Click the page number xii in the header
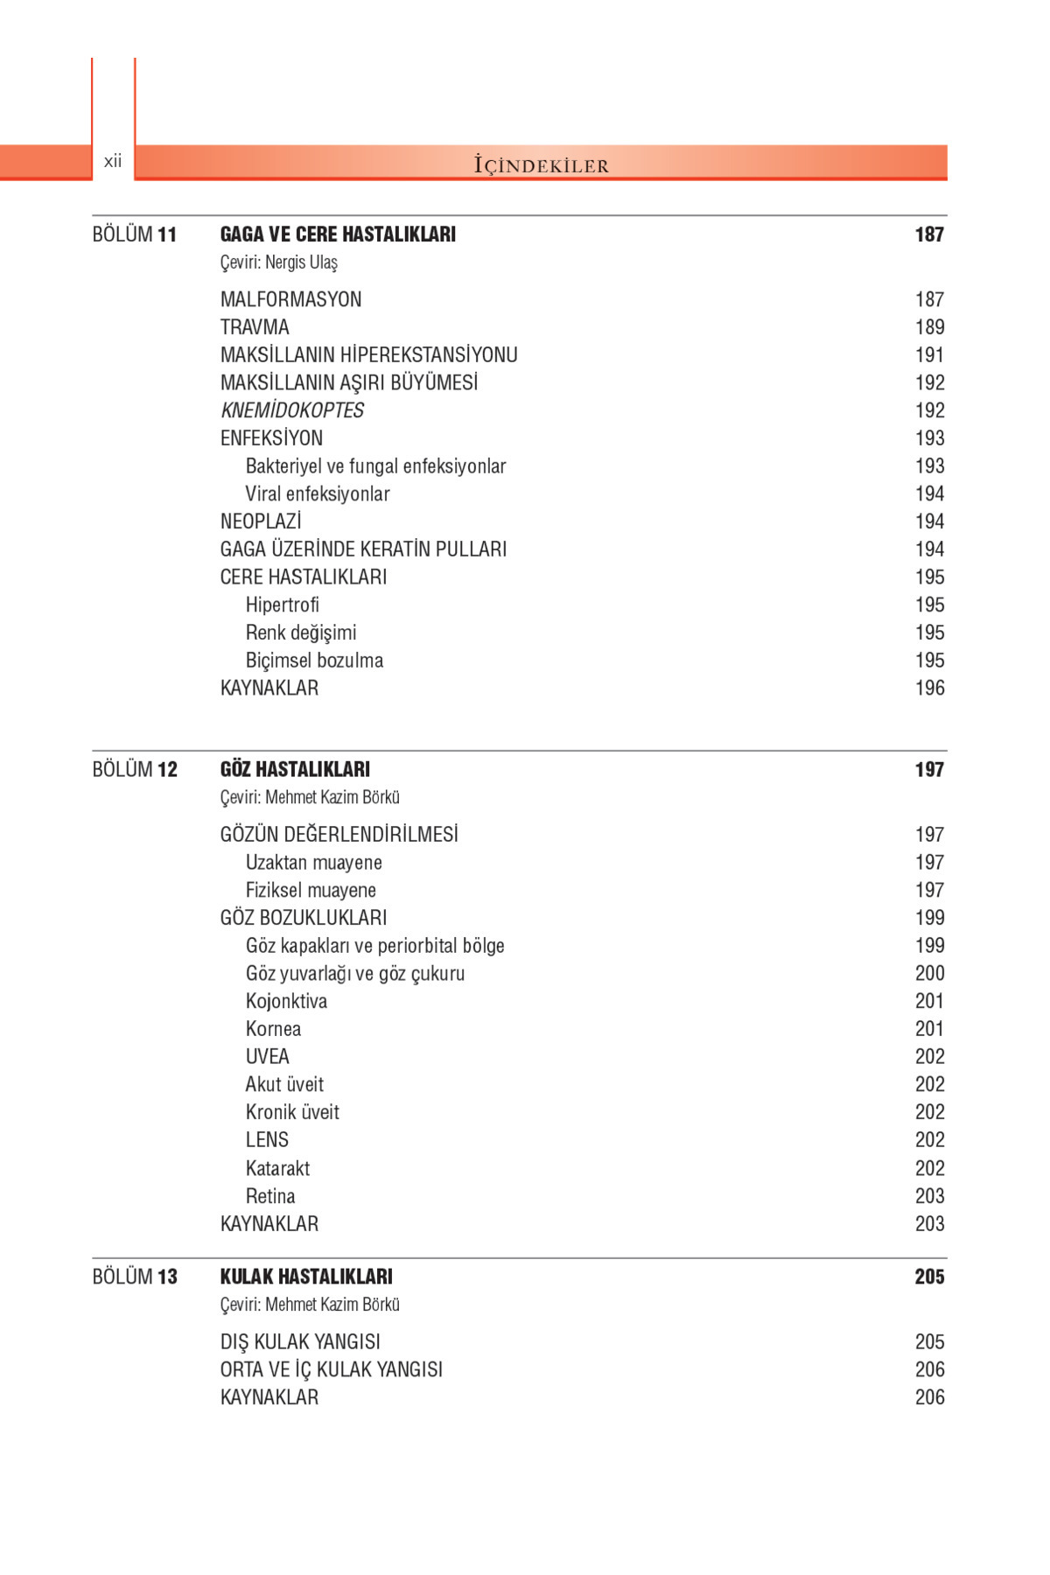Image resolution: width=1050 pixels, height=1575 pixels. [113, 161]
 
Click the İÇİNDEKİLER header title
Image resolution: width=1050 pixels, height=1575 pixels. [541, 164]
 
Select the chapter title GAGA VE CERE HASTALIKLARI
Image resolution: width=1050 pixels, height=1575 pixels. [338, 234]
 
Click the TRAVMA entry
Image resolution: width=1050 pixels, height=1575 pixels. [255, 327]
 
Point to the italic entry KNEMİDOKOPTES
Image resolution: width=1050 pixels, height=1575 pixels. [292, 410]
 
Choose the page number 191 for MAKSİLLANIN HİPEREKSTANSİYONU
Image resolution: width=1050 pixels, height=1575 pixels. [929, 355]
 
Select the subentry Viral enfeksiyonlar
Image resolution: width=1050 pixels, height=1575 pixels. [318, 494]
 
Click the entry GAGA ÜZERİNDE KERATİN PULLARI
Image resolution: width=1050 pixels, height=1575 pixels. [363, 549]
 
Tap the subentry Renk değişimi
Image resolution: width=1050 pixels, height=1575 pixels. [301, 633]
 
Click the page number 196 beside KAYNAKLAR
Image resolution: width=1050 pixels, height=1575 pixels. [929, 689]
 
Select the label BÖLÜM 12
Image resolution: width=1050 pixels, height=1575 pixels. [135, 770]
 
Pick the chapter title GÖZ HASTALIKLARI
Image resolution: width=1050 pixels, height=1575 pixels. [295, 770]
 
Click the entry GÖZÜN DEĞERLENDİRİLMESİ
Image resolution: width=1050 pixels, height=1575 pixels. [339, 835]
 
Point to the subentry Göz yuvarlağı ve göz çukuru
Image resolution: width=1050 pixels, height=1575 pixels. [355, 974]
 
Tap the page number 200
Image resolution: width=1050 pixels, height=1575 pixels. [929, 974]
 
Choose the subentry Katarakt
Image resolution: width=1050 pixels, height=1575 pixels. [277, 1169]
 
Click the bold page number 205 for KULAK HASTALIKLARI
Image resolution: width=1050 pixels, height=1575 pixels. [929, 1277]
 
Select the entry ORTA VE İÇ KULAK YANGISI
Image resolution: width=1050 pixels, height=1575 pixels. [331, 1370]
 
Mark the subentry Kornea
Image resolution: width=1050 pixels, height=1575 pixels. [273, 1030]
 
